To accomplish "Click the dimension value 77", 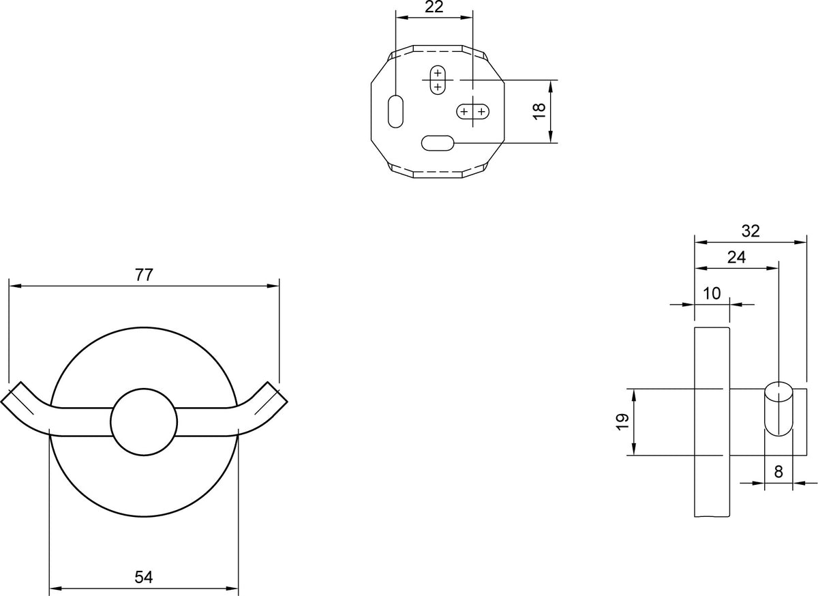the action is tap(144, 275).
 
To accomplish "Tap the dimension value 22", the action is tap(434, 7).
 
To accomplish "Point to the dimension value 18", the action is tap(539, 111).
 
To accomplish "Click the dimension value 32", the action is tap(751, 231).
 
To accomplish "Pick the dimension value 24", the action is tap(736, 257).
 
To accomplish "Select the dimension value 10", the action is tap(712, 293).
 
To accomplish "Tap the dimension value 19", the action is tap(622, 421).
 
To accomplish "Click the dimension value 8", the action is tap(778, 472).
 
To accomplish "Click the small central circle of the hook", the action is tap(144, 422).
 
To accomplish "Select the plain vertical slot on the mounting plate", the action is tap(395, 111).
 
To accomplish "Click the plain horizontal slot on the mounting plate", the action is tap(438, 143).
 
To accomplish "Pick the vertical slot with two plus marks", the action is tap(438, 80).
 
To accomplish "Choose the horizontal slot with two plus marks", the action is tap(473, 111).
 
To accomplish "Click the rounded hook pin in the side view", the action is tap(778, 409).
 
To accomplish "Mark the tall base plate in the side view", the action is tap(712, 422).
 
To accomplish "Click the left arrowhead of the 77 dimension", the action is tap(14, 286).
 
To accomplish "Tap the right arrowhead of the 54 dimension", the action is tap(232, 588).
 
